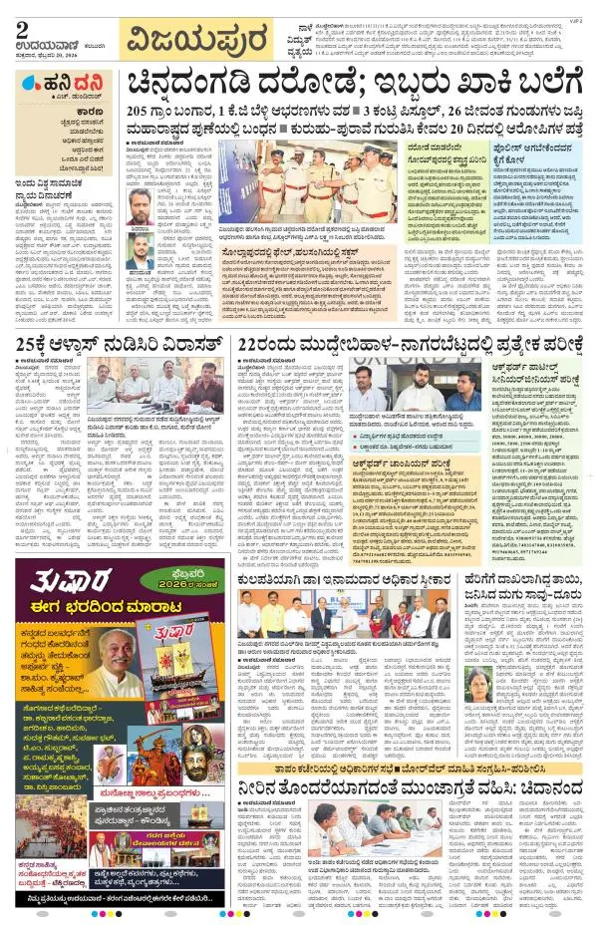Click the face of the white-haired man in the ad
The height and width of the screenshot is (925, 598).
pyautogui.click(x=96, y=648)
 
